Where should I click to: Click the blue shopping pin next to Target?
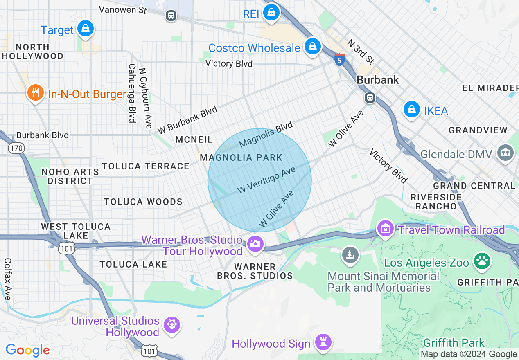click(85, 28)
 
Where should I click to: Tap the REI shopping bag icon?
click(271, 12)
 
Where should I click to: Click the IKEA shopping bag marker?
click(411, 109)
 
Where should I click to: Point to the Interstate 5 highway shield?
click(339, 60)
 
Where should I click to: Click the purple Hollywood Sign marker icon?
click(323, 342)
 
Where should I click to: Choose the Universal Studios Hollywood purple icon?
click(171, 325)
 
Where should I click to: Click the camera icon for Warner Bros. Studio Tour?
click(255, 244)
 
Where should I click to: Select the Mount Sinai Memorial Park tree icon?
click(350, 255)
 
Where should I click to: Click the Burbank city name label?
click(378, 80)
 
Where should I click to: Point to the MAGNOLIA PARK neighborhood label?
click(241, 157)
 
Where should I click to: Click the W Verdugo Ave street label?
click(266, 180)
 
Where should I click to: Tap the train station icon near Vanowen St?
click(171, 16)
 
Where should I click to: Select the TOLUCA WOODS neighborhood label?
click(143, 202)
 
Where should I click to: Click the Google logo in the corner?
click(27, 350)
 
